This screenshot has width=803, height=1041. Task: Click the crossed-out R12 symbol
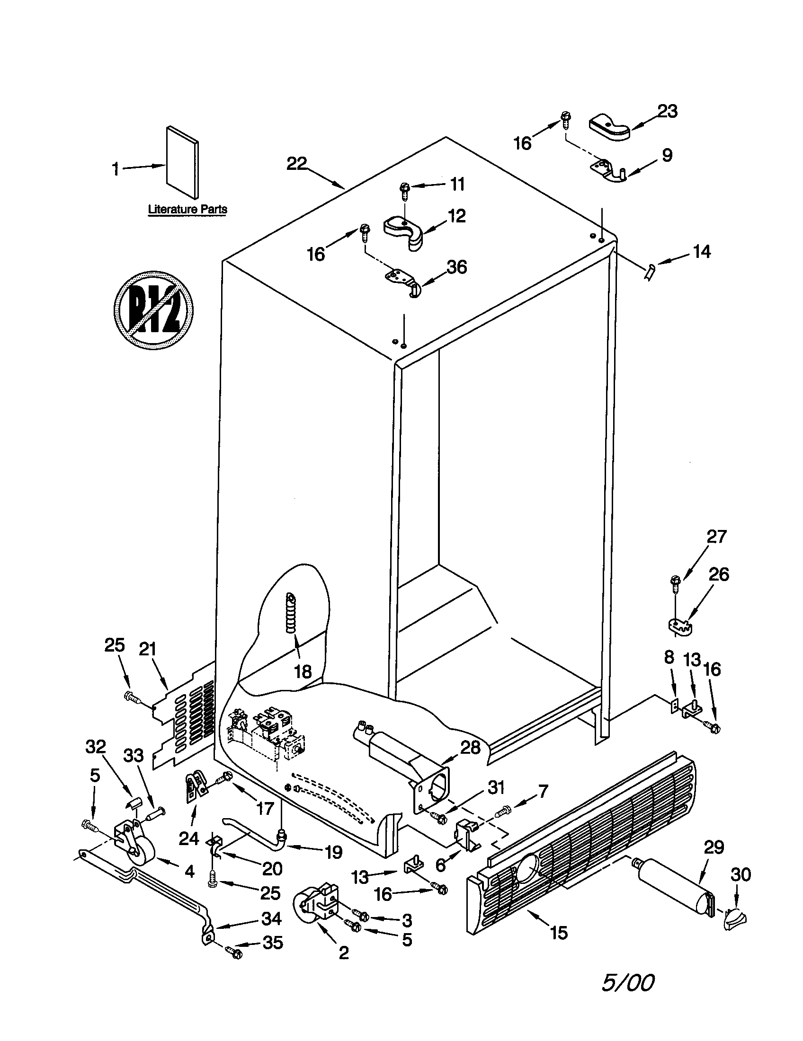tap(153, 310)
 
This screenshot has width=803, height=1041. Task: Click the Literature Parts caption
tap(187, 209)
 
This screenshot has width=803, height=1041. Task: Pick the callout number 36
tap(456, 267)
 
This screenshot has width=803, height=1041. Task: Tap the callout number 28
tap(470, 747)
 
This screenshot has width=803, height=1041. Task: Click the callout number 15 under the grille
tap(559, 932)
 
